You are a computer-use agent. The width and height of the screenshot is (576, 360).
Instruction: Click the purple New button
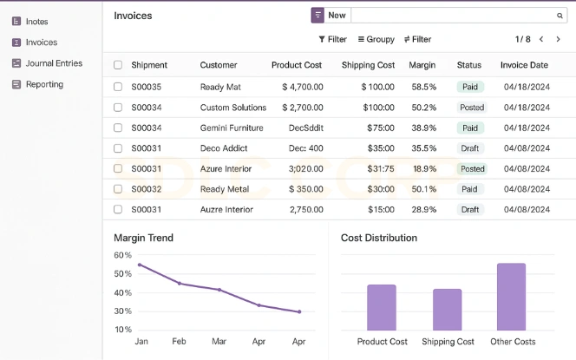330,16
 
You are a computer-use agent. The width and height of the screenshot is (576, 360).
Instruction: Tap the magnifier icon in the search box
560,16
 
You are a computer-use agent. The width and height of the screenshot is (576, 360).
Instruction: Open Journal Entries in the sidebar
54,63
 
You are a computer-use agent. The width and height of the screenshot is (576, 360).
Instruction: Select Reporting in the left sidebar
44,84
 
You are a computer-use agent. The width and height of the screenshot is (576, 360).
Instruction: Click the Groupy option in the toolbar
376,39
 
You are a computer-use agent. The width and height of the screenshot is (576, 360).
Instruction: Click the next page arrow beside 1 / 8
559,39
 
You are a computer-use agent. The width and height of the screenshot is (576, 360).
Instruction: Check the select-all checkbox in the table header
118,65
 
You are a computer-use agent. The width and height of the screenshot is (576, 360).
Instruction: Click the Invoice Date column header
524,65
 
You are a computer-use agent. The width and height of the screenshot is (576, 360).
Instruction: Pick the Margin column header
422,65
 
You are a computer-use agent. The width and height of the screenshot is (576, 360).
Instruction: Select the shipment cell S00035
147,87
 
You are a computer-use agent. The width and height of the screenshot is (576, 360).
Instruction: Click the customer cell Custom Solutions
233,108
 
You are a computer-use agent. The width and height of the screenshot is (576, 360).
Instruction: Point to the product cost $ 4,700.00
303,87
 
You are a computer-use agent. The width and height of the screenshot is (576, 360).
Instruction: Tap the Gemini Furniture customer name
232,128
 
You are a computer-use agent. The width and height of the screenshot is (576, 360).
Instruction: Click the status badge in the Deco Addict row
470,148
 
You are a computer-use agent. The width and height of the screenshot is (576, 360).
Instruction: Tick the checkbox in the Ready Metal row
118,189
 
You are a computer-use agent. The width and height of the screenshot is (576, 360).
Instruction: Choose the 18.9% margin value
424,169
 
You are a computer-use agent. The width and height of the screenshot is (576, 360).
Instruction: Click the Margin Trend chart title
143,238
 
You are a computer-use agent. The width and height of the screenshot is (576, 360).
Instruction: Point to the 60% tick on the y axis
122,255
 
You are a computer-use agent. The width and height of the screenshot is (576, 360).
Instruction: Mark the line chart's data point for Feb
180,284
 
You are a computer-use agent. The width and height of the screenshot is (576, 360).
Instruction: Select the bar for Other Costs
511,296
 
